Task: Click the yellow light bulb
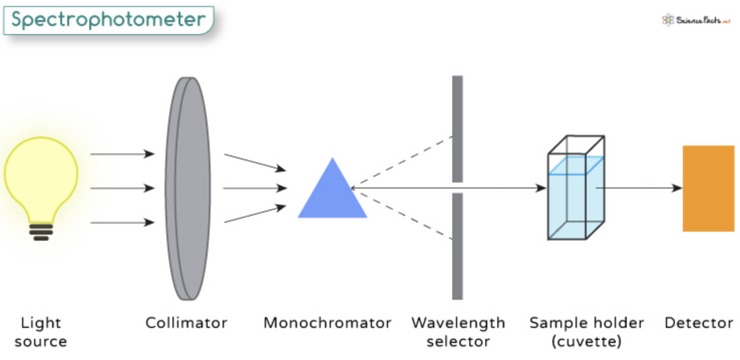click(41, 175)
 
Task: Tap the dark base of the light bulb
click(41, 232)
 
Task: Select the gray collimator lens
click(188, 189)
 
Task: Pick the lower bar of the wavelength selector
click(457, 246)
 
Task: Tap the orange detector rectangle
click(708, 189)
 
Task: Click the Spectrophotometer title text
click(108, 20)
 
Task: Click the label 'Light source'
click(41, 332)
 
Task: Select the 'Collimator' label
click(186, 323)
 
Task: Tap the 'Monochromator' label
click(327, 323)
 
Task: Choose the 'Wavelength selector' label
click(458, 332)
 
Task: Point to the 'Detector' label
click(698, 323)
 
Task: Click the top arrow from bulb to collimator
click(122, 154)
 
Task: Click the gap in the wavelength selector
click(457, 188)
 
